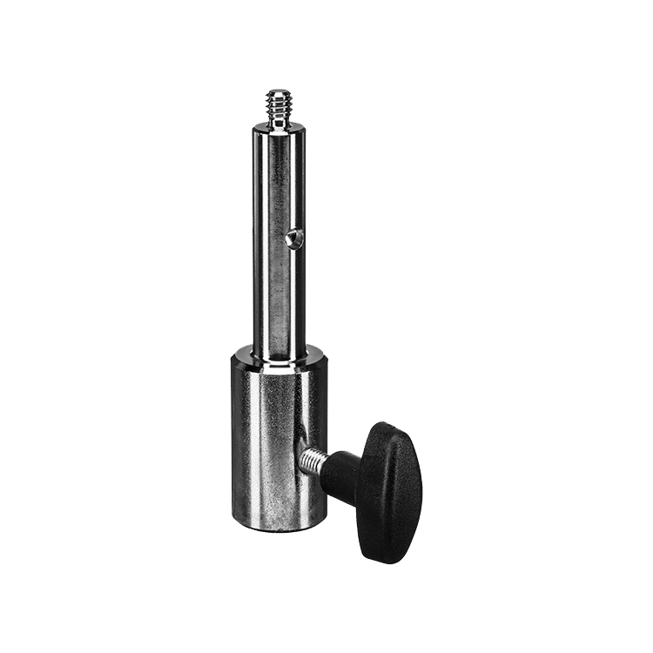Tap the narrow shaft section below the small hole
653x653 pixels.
point(279,296)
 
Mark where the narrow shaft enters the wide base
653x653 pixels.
point(279,355)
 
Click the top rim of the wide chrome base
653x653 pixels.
point(279,351)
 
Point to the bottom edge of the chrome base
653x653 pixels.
point(279,528)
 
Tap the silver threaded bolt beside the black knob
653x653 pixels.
point(312,459)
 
